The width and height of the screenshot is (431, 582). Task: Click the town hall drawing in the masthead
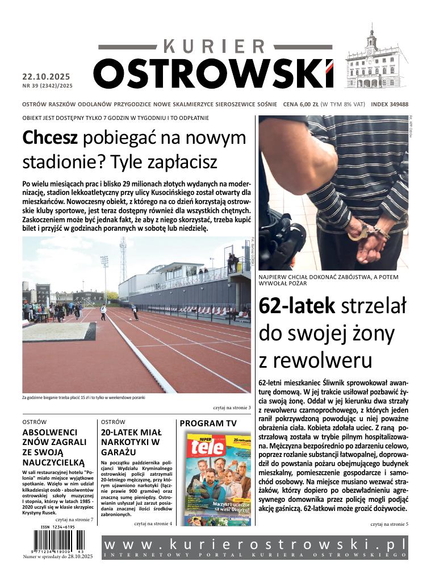375,60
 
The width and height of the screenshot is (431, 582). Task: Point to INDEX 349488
390,105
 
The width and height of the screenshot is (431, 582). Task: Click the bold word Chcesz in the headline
50,138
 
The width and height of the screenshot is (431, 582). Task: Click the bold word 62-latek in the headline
296,306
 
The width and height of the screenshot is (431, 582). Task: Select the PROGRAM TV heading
208,423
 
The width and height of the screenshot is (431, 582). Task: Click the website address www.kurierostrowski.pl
255,544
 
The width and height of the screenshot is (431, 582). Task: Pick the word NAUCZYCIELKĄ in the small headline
53,462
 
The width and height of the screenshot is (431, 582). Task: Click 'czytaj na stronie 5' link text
389,523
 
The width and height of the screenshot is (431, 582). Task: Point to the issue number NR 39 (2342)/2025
48,86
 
